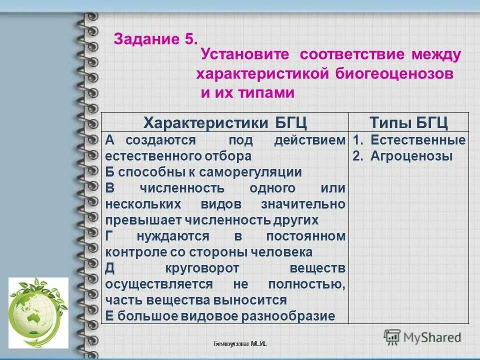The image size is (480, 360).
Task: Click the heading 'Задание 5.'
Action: [156, 39]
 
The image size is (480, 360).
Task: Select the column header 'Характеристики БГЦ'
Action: [225, 122]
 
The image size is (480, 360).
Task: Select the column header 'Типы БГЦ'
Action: [408, 122]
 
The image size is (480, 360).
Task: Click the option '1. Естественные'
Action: [409, 140]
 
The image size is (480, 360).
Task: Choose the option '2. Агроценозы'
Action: [402, 156]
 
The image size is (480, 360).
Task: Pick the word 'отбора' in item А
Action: [228, 156]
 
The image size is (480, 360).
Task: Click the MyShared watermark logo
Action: [422, 336]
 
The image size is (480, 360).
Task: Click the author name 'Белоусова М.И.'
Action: [240, 344]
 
